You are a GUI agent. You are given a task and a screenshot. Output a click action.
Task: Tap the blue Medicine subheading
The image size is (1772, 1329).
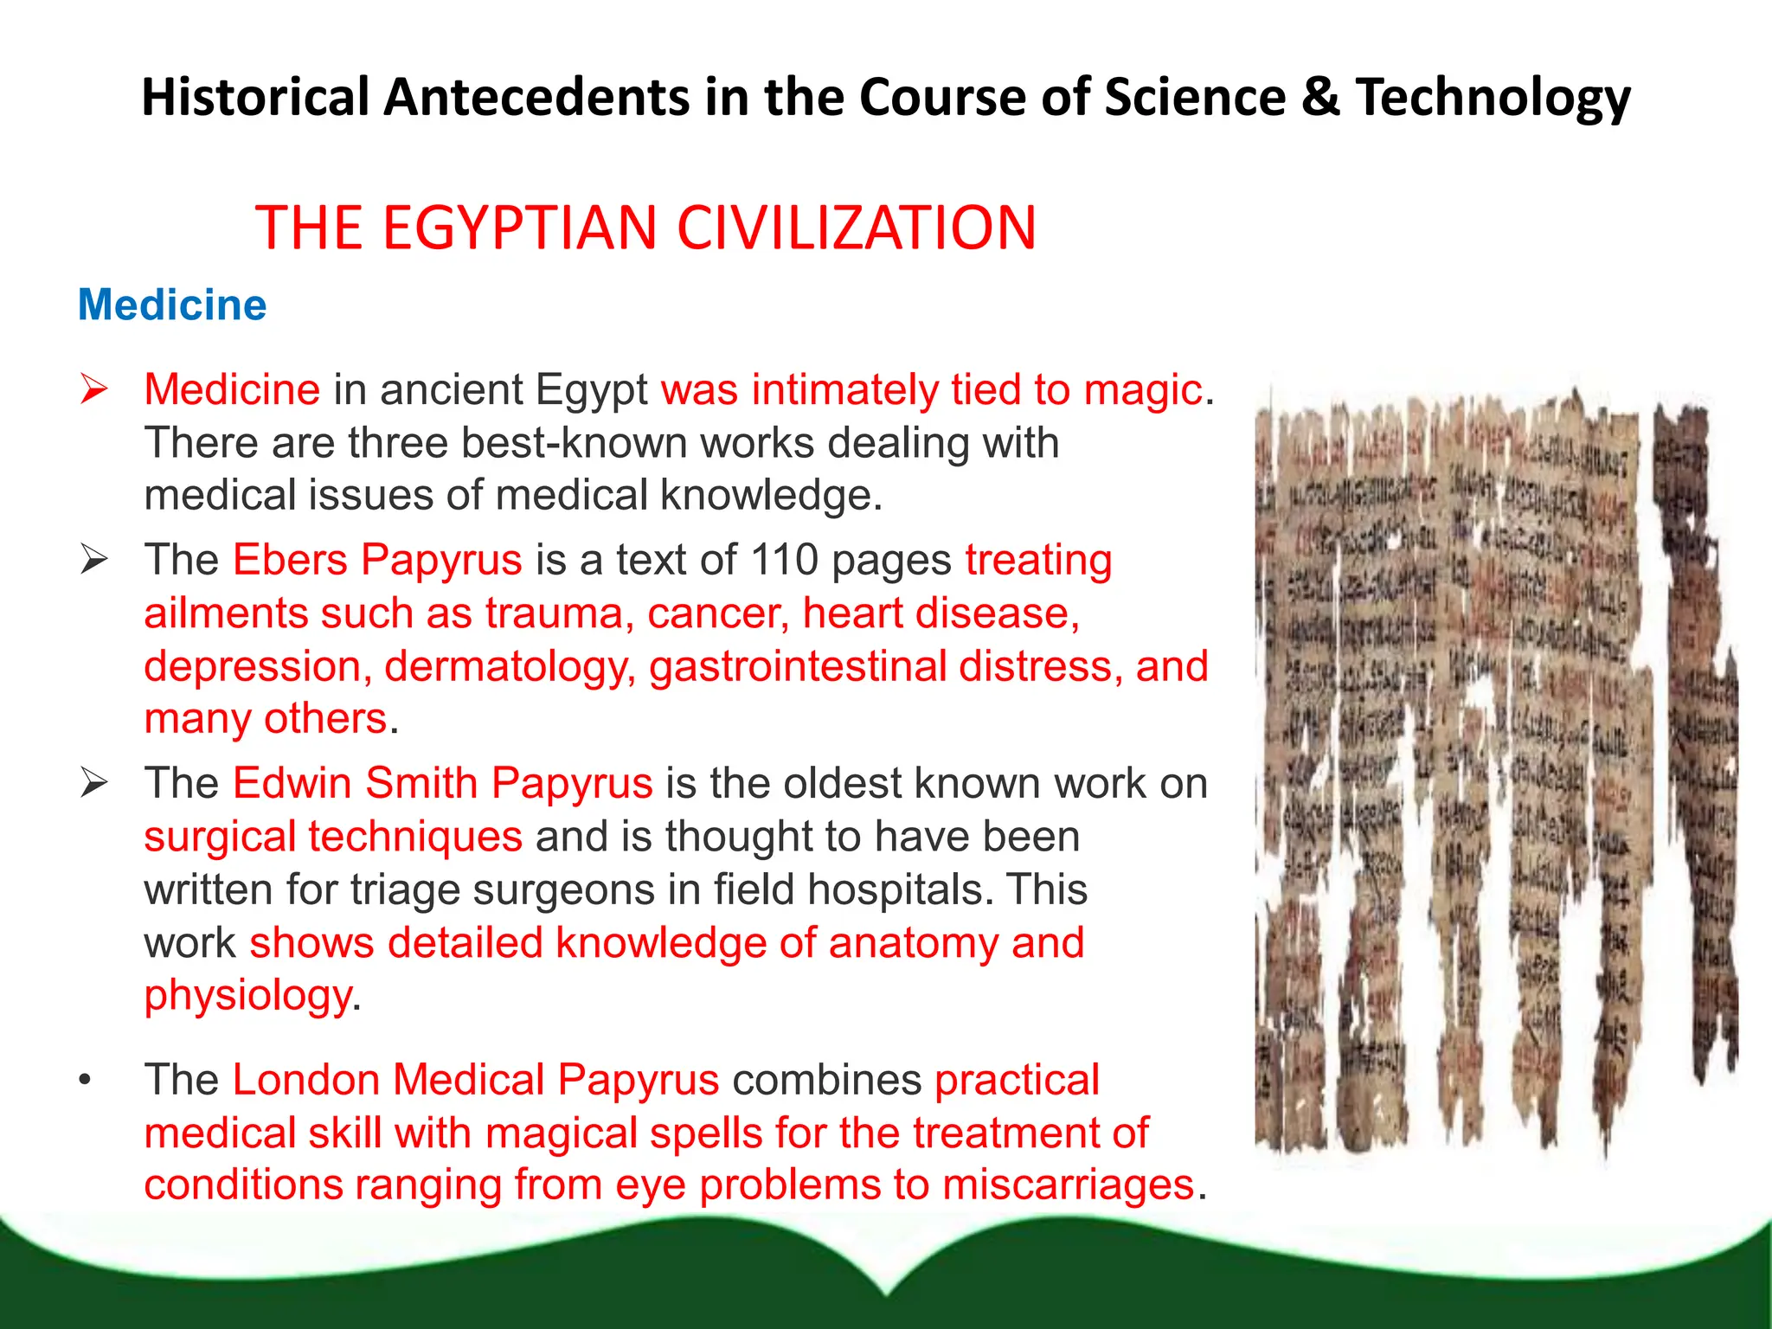click(x=172, y=305)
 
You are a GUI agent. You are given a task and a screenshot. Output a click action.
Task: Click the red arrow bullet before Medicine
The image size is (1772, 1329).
click(x=93, y=389)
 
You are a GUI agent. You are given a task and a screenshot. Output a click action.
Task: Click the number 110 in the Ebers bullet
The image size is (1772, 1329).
click(x=784, y=560)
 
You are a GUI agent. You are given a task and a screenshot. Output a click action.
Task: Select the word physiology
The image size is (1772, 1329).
click(x=247, y=996)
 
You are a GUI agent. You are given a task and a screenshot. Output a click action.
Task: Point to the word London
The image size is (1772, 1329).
click(x=306, y=1080)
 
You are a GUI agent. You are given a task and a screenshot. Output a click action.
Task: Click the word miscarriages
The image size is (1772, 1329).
click(x=1068, y=1185)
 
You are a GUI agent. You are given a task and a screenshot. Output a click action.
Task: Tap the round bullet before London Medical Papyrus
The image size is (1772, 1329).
click(x=84, y=1080)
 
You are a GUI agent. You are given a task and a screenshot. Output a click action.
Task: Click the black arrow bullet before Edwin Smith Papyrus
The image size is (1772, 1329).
click(x=93, y=783)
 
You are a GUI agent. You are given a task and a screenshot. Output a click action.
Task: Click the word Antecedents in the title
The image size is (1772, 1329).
click(x=536, y=97)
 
